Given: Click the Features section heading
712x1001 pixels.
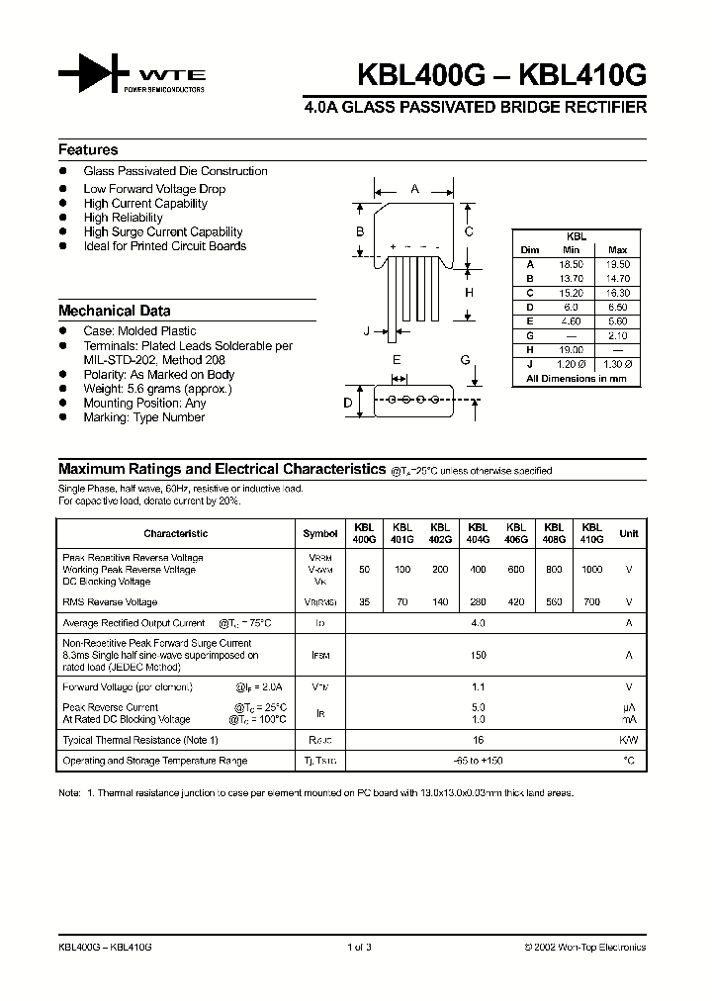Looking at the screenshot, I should [88, 150].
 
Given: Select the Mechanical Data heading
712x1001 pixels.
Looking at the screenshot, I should [114, 311].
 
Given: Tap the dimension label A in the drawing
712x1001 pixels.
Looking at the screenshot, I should [414, 188].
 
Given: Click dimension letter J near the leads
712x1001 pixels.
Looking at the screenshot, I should [366, 331].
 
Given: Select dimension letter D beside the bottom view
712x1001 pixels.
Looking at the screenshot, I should [347, 402].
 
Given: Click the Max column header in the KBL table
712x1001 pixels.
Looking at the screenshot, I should [617, 250].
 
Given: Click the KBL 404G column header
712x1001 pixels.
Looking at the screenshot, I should [478, 533].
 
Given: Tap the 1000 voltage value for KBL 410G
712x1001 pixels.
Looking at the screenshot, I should [591, 570].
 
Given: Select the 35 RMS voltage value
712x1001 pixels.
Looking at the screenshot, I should [365, 601].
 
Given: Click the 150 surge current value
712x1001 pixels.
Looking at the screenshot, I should [479, 655].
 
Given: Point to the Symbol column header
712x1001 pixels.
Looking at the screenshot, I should [319, 534].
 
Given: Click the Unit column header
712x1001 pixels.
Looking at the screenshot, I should [628, 534].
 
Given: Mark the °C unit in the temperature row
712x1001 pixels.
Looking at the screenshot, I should [628, 761].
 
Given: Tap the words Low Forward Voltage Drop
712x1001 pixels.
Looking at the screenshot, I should [154, 189].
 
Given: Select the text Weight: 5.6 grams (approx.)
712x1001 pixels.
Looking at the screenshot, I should [157, 389].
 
